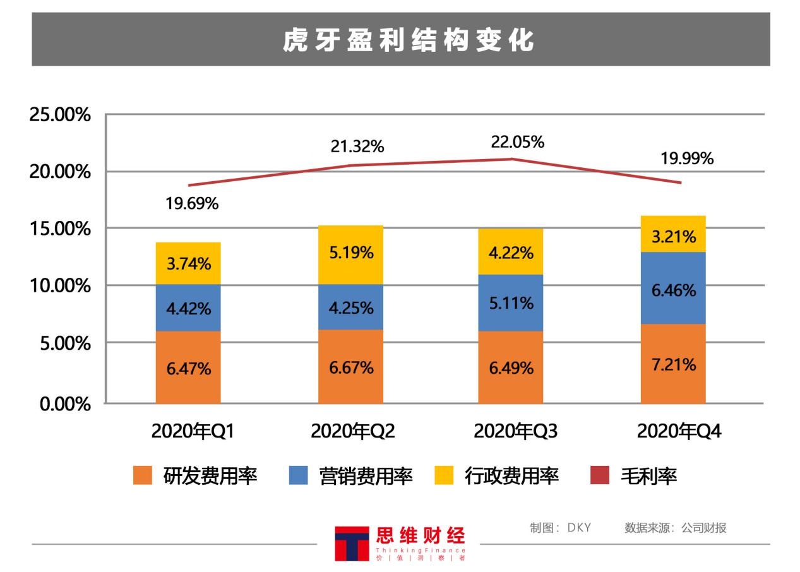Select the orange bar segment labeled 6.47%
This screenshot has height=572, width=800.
pos(188,368)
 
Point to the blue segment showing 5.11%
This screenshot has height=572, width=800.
pos(510,303)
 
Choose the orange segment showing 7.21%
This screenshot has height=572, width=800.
pos(673,364)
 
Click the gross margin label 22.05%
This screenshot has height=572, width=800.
pos(517,143)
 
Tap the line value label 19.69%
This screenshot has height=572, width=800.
pos(192,203)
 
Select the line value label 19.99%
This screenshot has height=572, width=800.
pos(687,159)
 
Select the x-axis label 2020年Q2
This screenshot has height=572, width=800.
pos(352,432)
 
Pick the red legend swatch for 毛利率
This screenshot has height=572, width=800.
pos(599,475)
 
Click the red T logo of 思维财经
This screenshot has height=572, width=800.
pos(352,543)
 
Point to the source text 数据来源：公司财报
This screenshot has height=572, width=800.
pos(675,528)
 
